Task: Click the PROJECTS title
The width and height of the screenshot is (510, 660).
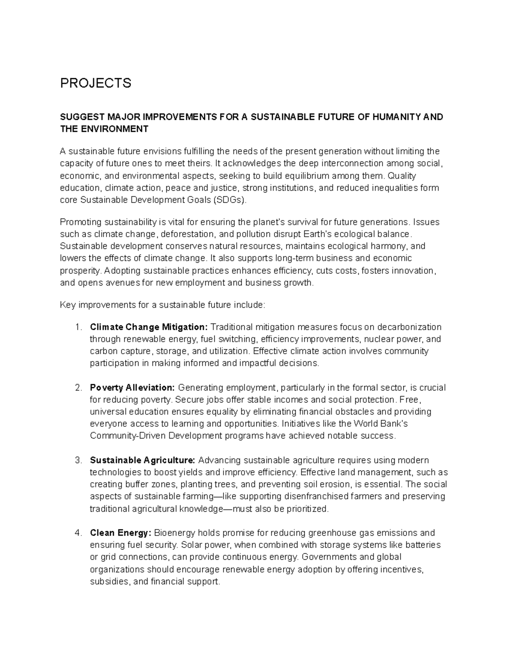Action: point(96,83)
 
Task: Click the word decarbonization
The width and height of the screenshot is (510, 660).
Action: point(409,327)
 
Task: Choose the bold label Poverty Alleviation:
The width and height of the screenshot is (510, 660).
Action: point(132,388)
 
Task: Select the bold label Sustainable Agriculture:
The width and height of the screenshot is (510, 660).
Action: point(142,460)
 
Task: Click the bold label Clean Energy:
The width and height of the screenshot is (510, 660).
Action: point(120,533)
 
